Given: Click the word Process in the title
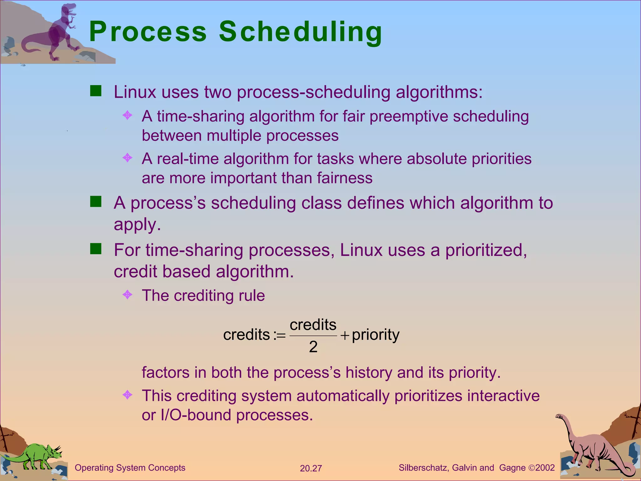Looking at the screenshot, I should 148,32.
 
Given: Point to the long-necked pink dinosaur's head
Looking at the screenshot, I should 559,416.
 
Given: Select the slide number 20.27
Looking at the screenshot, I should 310,468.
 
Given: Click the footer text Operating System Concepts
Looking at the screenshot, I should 130,468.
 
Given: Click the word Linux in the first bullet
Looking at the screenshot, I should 135,92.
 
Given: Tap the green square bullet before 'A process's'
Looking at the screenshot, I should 96,202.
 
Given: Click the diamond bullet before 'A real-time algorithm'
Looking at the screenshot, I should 127,158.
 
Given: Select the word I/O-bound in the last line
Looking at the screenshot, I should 196,415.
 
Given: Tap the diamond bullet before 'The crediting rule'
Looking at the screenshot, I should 127,294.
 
